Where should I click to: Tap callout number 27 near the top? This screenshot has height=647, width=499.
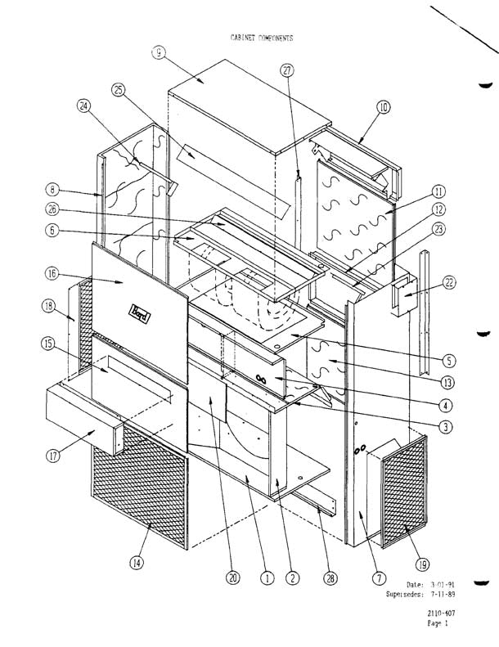tap(286, 70)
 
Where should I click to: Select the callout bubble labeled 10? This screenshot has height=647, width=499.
tap(384, 106)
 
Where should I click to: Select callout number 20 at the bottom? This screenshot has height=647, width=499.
tap(232, 577)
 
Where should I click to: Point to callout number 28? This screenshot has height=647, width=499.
tap(330, 577)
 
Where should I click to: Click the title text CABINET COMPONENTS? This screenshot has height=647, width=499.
tap(256, 38)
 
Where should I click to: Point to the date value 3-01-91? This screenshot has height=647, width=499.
tap(445, 584)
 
